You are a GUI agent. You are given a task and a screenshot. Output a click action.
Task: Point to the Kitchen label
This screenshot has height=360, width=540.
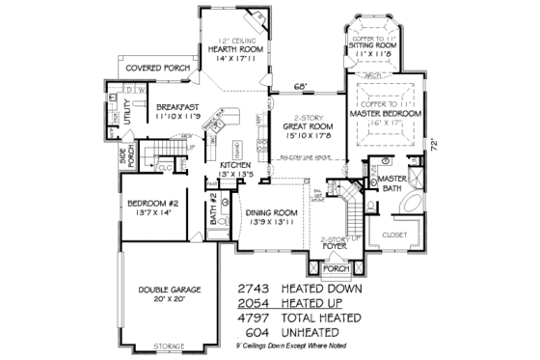point(235,166)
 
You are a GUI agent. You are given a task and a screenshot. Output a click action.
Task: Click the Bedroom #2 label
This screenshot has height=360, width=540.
point(149,203)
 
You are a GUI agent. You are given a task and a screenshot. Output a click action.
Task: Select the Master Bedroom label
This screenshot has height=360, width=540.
point(385,114)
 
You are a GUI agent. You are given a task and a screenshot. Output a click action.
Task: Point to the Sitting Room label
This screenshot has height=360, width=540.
point(373,45)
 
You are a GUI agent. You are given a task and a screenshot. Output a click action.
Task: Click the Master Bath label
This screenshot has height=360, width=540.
point(391,183)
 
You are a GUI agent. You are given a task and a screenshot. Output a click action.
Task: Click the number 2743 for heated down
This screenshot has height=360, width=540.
point(256,289)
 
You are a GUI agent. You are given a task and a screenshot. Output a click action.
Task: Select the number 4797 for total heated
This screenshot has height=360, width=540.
point(256,317)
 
